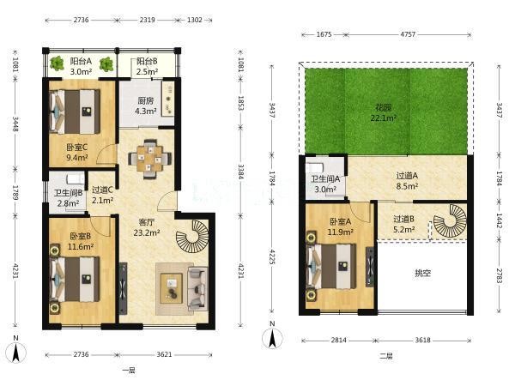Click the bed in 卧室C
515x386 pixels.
point(75,112)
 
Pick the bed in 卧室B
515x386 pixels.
point(75,280)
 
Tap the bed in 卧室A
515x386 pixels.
point(331,267)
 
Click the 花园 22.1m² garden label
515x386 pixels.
point(384,112)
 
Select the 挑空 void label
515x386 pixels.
point(422,273)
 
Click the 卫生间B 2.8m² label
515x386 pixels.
point(69,198)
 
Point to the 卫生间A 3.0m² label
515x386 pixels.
point(325,184)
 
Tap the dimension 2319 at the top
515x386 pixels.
point(147,20)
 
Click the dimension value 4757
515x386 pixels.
point(408,34)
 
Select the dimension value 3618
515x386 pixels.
point(422,341)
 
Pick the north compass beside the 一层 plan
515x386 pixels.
point(15,352)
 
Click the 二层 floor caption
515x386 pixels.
point(386,356)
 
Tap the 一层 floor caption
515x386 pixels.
point(129,371)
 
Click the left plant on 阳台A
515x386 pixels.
point(57,63)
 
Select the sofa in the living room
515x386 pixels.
point(198,288)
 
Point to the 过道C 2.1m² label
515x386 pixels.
point(102,195)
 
